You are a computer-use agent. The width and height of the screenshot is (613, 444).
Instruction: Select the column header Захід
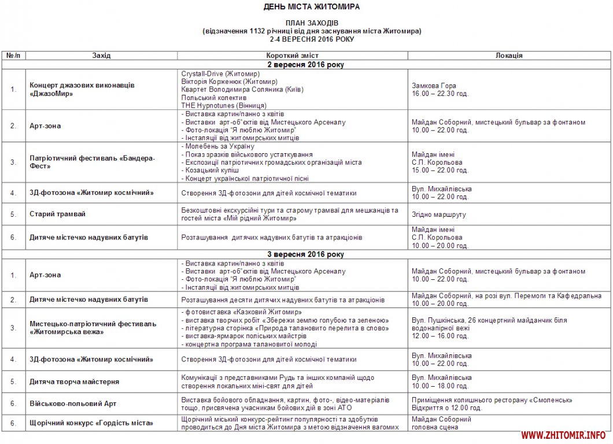pyautogui.click(x=101, y=55)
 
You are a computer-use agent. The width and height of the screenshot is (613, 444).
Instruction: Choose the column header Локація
pyautogui.click(x=509, y=55)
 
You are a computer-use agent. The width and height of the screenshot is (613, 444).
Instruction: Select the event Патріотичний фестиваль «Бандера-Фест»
pyautogui.click(x=93, y=162)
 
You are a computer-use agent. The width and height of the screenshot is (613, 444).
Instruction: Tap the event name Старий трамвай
pyautogui.click(x=58, y=214)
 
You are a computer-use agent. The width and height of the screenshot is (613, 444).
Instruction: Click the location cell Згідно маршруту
pyautogui.click(x=439, y=214)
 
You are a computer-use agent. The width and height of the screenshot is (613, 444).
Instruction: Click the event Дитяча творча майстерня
pyautogui.click(x=75, y=382)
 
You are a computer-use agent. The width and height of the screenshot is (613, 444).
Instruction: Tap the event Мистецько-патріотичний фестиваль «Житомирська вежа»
pyautogui.click(x=93, y=328)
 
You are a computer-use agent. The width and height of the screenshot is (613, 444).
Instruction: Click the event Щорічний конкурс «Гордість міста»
pyautogui.click(x=91, y=423)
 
